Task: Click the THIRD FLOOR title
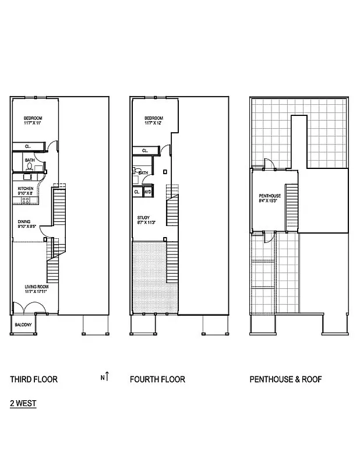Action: point(34,379)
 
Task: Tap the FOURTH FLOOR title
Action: point(157,379)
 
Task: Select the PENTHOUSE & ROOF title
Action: point(285,379)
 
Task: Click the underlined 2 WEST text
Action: point(23,403)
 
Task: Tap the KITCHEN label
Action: point(25,189)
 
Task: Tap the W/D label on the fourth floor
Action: point(147,192)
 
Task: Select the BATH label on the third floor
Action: point(30,160)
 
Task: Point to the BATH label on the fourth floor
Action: point(143,173)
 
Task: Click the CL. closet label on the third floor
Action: point(28,146)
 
